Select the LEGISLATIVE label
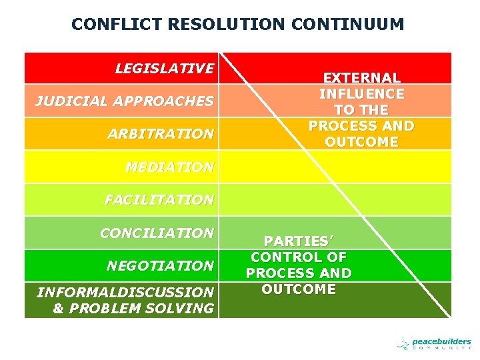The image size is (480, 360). [164, 68]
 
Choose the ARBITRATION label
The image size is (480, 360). [161, 133]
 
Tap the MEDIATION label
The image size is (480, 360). [169, 167]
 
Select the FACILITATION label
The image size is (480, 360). [159, 199]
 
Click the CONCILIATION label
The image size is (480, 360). [157, 233]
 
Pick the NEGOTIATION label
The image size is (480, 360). [160, 265]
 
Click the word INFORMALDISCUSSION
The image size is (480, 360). [125, 292]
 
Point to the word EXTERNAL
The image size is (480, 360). [361, 78]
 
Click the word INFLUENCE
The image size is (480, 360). [361, 94]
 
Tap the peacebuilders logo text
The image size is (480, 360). [441, 341]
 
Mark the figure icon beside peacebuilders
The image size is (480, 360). [403, 344]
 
